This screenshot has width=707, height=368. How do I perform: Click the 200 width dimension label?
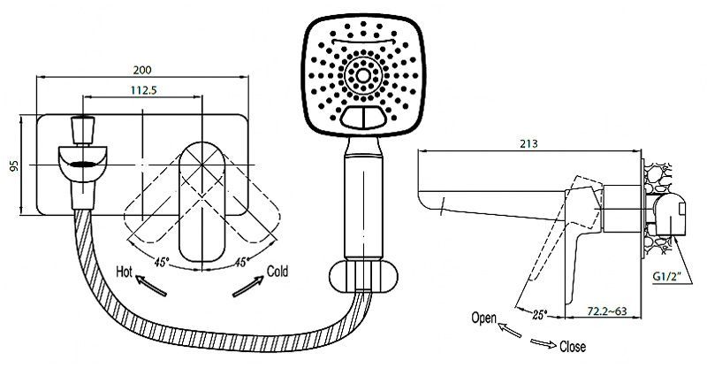point(142,70)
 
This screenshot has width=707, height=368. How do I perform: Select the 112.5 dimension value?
point(143,90)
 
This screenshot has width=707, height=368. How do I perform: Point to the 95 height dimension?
point(15,165)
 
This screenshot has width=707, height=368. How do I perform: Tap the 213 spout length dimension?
point(528,143)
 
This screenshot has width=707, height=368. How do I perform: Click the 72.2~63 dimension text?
point(606,311)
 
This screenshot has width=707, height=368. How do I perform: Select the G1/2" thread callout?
point(666,275)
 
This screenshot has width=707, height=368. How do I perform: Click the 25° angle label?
point(539,314)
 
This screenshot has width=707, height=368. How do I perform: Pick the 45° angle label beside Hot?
point(162,262)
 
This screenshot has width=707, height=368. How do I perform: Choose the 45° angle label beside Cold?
point(241,262)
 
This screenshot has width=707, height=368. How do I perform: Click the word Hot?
point(125,272)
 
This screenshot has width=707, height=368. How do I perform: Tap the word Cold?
point(277,272)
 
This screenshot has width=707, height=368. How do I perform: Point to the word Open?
point(483,318)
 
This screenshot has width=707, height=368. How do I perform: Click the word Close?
point(573,347)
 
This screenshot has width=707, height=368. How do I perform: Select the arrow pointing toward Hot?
point(150,287)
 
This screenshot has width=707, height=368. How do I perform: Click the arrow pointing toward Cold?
point(247,287)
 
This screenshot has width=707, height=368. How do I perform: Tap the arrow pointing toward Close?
point(544,343)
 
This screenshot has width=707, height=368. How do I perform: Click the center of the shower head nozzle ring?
point(363,75)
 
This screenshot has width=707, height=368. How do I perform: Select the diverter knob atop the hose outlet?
point(83,131)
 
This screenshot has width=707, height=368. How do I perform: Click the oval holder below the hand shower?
point(364,276)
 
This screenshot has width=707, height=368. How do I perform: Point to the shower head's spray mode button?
point(363,118)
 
